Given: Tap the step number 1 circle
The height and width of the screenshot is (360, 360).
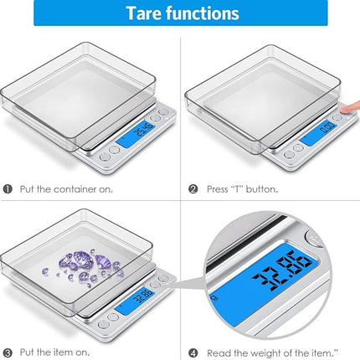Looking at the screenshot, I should click(8, 188).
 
